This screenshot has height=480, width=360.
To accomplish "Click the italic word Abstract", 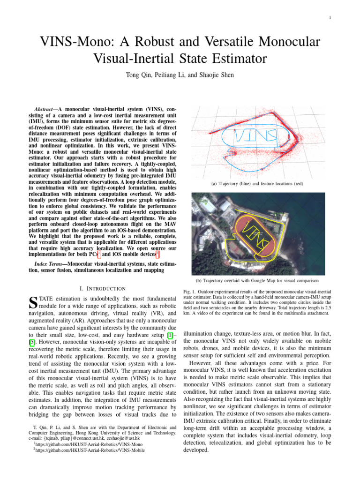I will [x=46, y=108].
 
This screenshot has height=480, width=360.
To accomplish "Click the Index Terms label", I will [x=49, y=264].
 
